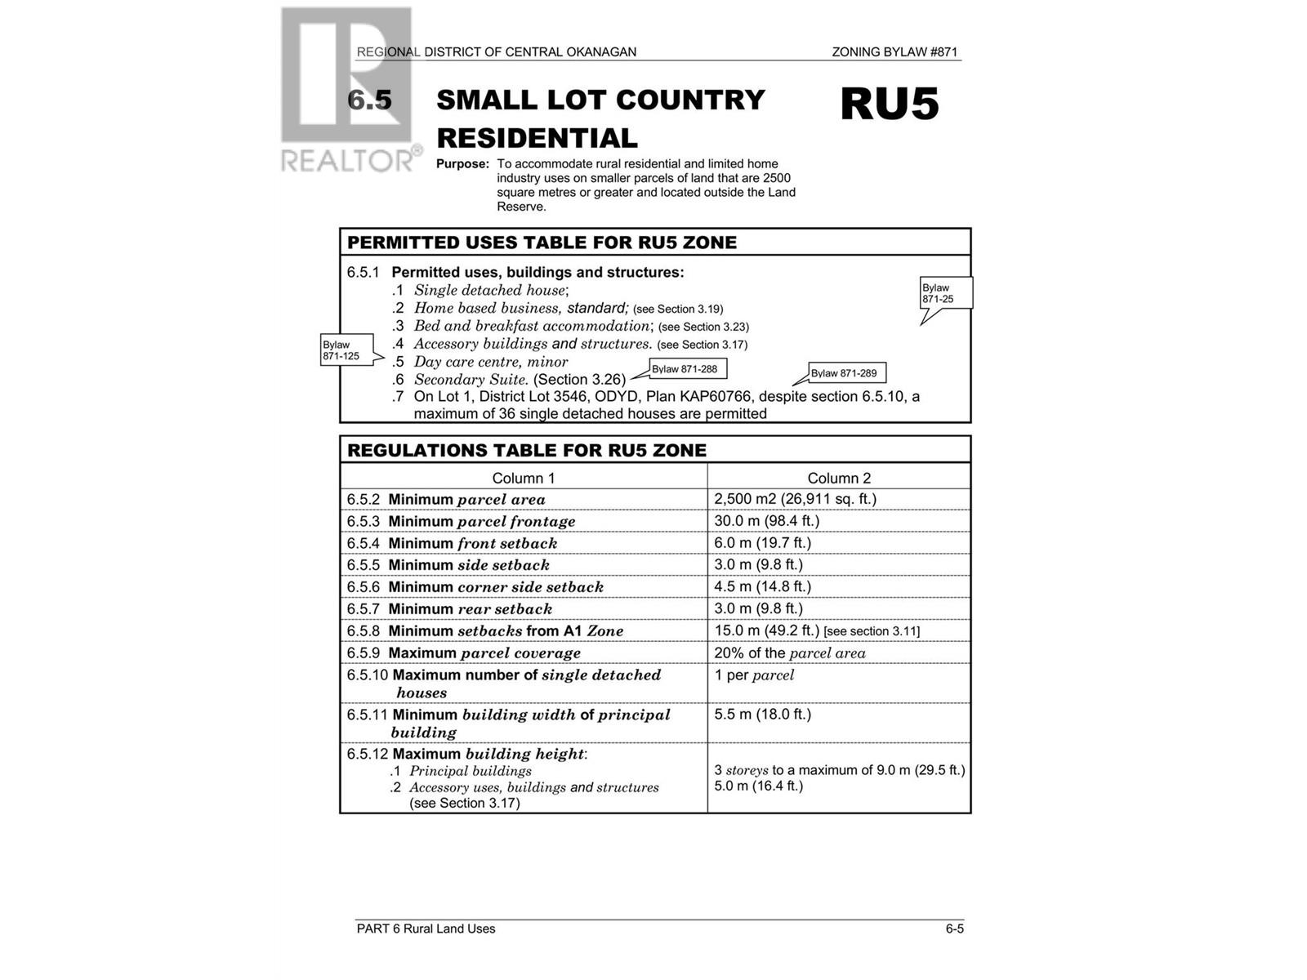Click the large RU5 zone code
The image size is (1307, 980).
click(890, 105)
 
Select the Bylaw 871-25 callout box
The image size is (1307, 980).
click(946, 293)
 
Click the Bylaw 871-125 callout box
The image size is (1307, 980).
click(347, 350)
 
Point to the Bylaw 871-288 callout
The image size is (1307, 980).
click(687, 369)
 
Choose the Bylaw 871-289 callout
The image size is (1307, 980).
click(846, 373)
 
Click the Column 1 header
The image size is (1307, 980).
click(523, 478)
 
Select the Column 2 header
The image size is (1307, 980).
click(839, 478)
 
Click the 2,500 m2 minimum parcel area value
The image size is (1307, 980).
click(795, 499)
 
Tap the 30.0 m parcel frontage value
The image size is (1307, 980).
click(766, 521)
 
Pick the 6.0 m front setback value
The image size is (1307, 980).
click(762, 543)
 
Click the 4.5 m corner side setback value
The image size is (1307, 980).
click(762, 586)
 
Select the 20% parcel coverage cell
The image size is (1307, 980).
click(789, 653)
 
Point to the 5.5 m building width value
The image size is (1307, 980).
click(762, 714)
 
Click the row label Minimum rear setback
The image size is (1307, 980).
click(470, 608)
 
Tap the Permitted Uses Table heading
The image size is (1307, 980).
click(542, 243)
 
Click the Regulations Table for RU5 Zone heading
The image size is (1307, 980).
click(527, 450)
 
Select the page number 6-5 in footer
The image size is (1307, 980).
click(954, 929)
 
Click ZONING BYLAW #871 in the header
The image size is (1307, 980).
click(894, 52)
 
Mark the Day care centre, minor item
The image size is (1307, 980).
click(490, 362)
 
